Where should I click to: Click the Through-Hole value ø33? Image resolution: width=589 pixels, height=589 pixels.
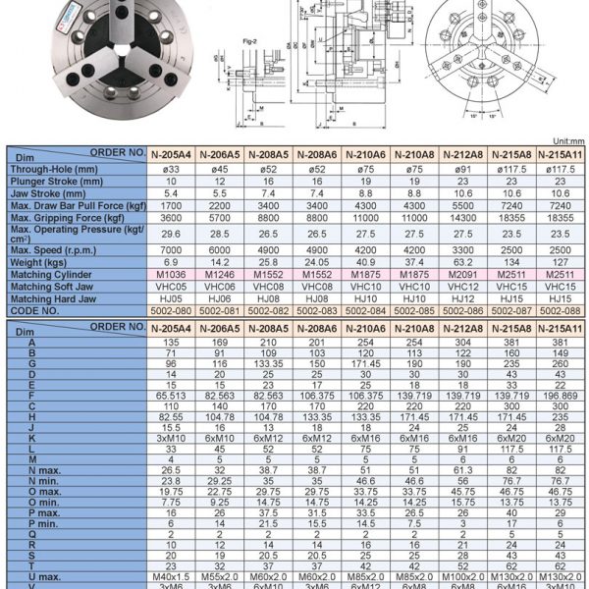point(172,169)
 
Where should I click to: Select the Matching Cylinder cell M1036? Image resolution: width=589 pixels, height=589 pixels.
point(172,277)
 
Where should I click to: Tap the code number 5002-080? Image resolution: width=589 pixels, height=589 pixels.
point(172,309)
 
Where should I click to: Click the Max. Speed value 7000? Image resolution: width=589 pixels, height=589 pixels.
point(172,249)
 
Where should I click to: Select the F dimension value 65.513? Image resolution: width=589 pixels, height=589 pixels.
point(172,396)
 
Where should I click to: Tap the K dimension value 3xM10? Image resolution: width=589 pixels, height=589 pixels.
point(172,437)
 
